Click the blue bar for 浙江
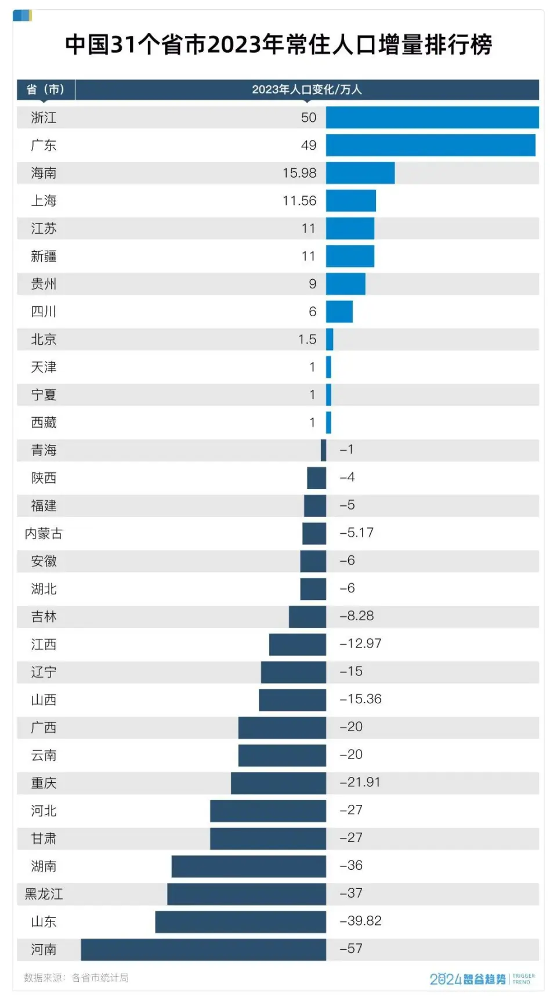click(x=432, y=117)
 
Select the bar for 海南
click(x=360, y=173)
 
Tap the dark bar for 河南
click(x=203, y=950)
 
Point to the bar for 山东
click(x=240, y=922)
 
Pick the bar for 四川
click(x=339, y=312)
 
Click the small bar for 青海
click(x=323, y=450)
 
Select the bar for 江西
click(x=298, y=645)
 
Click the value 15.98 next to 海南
click(x=299, y=173)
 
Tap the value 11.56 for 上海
click(x=299, y=201)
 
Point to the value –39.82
click(x=360, y=921)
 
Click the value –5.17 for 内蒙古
click(x=356, y=533)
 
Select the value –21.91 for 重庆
click(x=360, y=782)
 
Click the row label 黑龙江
click(x=44, y=894)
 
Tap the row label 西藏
click(x=44, y=422)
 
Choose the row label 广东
click(x=44, y=145)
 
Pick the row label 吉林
click(x=44, y=617)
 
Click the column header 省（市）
click(x=45, y=89)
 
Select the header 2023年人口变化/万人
click(x=306, y=89)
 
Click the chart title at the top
click(x=278, y=45)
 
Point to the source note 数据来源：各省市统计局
click(x=76, y=978)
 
